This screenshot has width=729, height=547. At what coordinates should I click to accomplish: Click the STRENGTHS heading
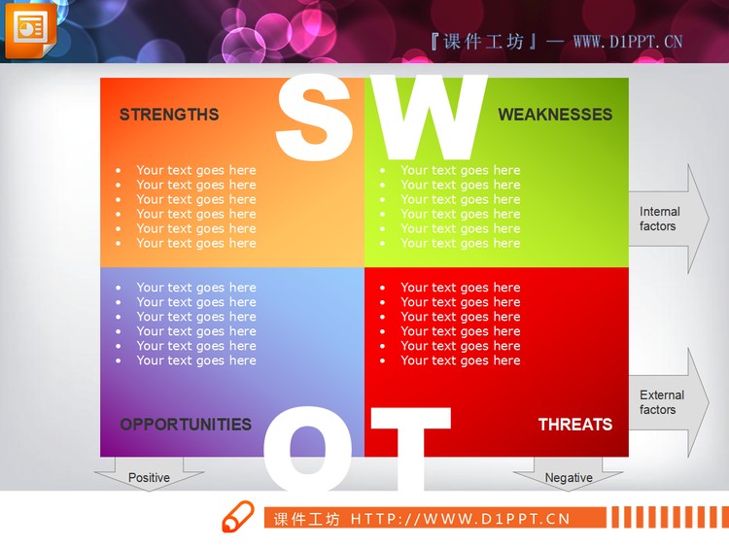point(169,115)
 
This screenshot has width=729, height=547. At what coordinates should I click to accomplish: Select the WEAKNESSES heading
point(555,115)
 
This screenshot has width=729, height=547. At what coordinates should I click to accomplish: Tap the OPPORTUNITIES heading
point(186,425)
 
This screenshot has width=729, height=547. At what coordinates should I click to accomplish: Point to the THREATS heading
point(575,425)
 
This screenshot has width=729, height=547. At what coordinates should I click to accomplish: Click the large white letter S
point(316,117)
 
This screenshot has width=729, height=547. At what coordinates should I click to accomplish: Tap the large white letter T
point(410,447)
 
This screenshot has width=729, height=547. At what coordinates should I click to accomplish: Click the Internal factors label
point(659,219)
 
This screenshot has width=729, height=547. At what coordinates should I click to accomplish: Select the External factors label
point(661,402)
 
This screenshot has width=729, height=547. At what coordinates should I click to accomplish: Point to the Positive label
point(149,478)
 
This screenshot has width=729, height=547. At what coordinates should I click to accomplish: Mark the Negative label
point(569,478)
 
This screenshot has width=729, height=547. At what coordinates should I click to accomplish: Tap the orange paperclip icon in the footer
point(237,518)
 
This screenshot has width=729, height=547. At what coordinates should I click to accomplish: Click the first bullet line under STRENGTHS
point(195,171)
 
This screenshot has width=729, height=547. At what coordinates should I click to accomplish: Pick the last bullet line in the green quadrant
point(460,244)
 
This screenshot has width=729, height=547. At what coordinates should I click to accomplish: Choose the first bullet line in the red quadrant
point(460,288)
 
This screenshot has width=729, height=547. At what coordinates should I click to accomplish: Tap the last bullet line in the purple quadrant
point(195,360)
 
